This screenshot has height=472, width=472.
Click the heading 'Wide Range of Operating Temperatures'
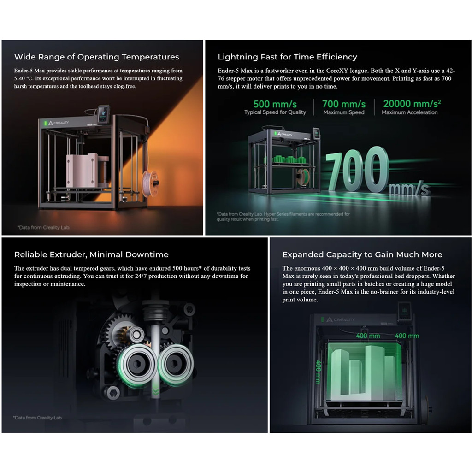pyautogui.click(x=97, y=57)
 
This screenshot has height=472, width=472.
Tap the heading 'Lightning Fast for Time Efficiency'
pyautogui.click(x=288, y=57)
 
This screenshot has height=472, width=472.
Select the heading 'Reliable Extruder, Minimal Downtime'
pyautogui.click(x=91, y=254)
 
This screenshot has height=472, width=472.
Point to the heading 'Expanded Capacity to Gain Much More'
pyautogui.click(x=362, y=254)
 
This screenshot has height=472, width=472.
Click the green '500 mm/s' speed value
pyautogui.click(x=275, y=104)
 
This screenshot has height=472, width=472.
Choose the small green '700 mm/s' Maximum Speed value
pyautogui.click(x=344, y=104)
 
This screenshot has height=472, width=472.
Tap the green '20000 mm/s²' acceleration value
pyautogui.click(x=412, y=104)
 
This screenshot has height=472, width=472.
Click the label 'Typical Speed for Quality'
pyautogui.click(x=275, y=112)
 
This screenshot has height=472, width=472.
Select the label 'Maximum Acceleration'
pyautogui.click(x=410, y=112)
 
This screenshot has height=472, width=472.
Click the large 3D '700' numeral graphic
pyautogui.click(x=358, y=169)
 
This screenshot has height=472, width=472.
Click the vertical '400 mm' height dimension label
pyautogui.click(x=319, y=372)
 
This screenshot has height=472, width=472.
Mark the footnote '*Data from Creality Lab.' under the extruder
pyautogui.click(x=38, y=418)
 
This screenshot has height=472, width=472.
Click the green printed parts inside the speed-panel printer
pyautogui.click(x=289, y=159)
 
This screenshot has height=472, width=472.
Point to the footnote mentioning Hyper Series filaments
pyautogui.click(x=283, y=217)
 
